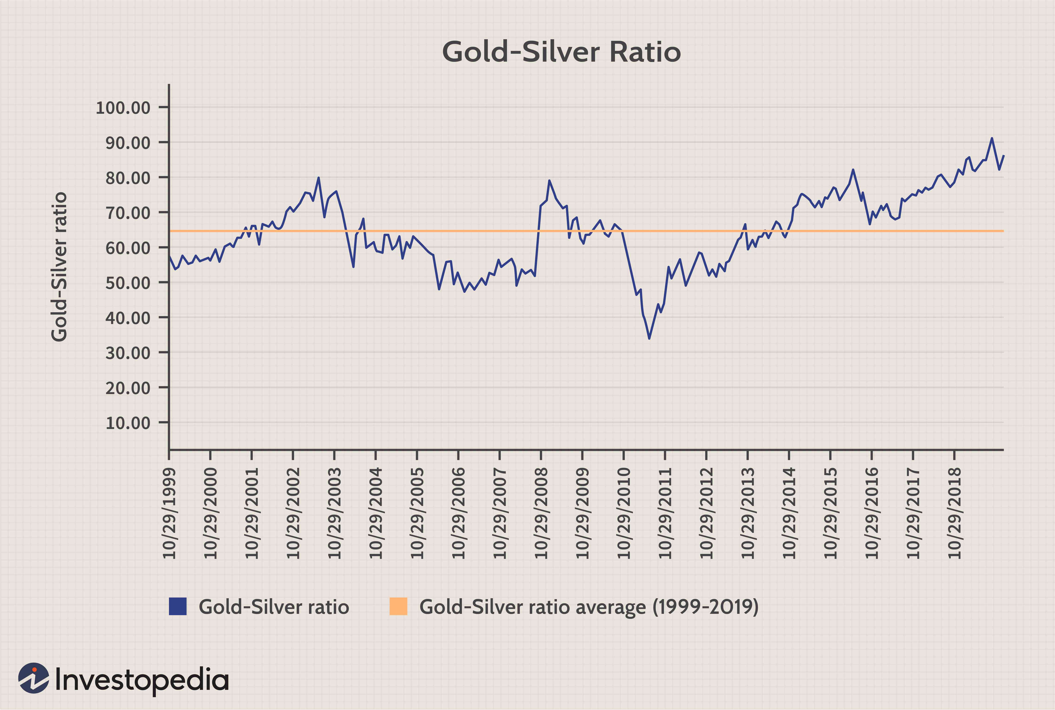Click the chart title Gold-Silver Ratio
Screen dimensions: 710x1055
[x=561, y=52]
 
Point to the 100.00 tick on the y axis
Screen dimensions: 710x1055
[x=123, y=108]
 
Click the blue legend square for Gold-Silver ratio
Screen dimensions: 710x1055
[x=178, y=606]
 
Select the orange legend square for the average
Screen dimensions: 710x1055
[x=398, y=606]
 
